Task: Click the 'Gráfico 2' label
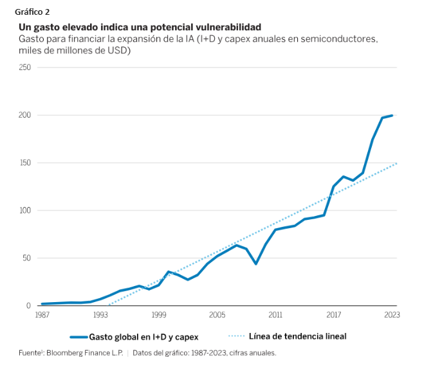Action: [x=32, y=12]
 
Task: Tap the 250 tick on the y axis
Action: [x=24, y=67]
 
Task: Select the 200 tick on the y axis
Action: [x=24, y=115]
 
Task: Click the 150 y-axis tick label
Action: [x=24, y=163]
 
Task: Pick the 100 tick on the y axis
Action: [x=24, y=211]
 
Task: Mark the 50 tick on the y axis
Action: [x=26, y=258]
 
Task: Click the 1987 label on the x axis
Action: [x=42, y=315]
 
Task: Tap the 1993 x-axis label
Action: [x=100, y=315]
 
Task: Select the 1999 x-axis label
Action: [x=159, y=315]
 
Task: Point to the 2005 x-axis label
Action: [x=217, y=315]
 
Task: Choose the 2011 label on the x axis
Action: [x=275, y=315]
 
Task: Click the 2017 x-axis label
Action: [x=333, y=315]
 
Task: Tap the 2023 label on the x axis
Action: [x=392, y=315]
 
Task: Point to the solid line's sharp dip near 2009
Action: [x=255, y=264]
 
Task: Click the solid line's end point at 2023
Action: [x=392, y=116]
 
